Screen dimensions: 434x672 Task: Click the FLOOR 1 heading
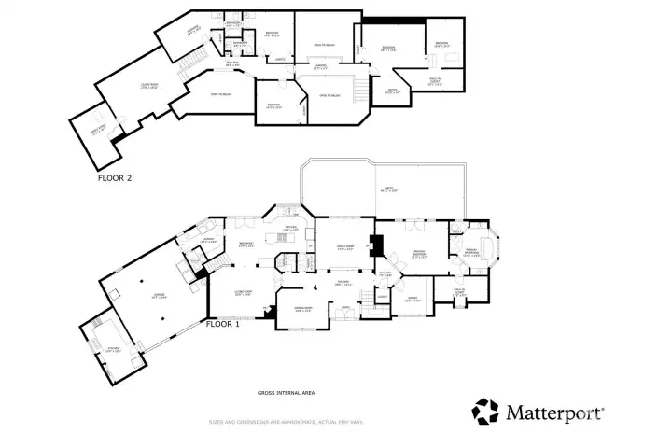click(x=222, y=325)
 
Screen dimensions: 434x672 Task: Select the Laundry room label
click(x=208, y=242)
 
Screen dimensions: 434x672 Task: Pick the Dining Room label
click(x=302, y=310)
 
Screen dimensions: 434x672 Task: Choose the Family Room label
click(x=343, y=247)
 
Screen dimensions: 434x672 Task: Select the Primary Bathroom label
click(x=475, y=253)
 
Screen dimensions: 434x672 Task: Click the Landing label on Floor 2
click(x=319, y=67)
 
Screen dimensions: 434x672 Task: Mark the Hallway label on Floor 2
click(x=231, y=64)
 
